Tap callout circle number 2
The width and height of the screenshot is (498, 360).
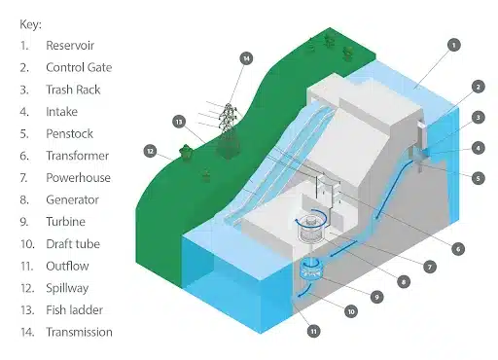(478, 87)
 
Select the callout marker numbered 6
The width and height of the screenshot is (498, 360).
(455, 248)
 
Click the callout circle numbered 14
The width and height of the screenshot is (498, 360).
(247, 58)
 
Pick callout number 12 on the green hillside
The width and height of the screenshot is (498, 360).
(150, 151)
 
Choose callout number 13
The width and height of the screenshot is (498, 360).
(178, 122)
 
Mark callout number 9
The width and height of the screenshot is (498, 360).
(375, 296)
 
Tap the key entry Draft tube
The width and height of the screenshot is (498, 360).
(74, 244)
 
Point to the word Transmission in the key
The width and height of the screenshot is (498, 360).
(79, 332)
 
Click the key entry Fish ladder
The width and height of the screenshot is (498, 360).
(75, 310)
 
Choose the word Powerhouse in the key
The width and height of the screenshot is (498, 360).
(78, 178)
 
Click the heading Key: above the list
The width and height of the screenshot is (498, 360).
(32, 23)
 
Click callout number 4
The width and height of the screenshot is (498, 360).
(478, 147)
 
